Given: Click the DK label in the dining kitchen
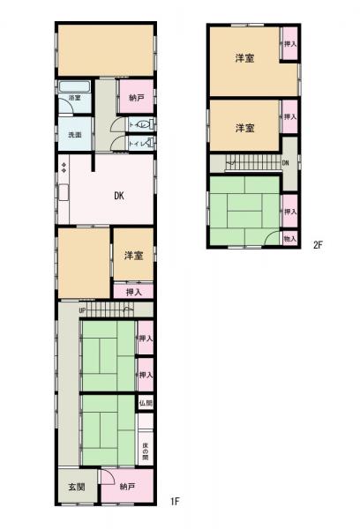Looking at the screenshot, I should (x=117, y=197).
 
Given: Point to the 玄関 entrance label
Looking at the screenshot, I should (x=76, y=487).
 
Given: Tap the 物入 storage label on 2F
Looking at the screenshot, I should (x=289, y=238).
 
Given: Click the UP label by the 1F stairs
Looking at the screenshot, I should (x=82, y=310).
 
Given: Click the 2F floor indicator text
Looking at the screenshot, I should (x=319, y=246).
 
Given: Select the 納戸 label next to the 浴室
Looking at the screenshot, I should (x=136, y=97).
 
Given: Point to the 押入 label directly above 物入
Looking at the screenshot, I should (x=289, y=212).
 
